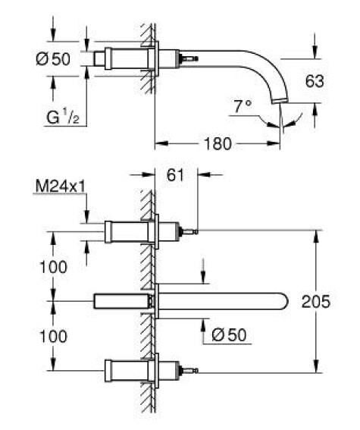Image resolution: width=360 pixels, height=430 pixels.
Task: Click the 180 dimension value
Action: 218,143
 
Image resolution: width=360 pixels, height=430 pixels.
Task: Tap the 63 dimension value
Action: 315,81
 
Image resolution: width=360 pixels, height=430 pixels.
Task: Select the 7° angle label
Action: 243,106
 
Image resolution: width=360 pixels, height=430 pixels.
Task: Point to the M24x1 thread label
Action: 61,187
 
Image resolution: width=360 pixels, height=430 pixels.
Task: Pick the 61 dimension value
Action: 175,174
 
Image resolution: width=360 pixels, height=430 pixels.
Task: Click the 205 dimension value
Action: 316,302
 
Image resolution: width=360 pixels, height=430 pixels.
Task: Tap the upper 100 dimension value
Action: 53,267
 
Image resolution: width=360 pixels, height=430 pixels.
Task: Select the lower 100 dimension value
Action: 53,336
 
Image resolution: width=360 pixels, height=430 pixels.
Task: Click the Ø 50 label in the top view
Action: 53,59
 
